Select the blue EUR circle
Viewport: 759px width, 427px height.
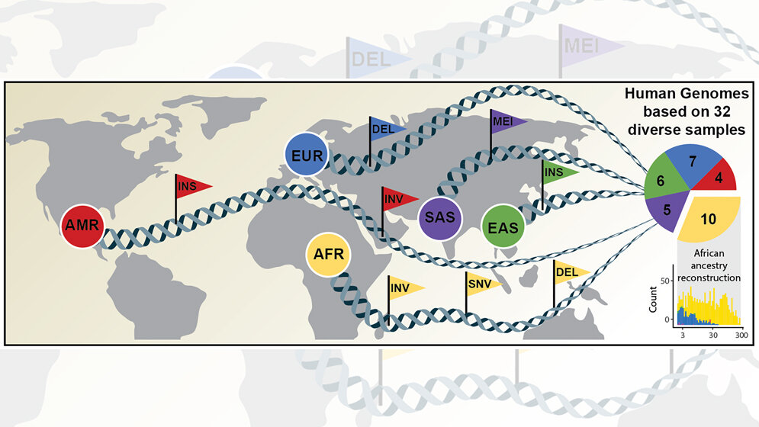click(307, 155)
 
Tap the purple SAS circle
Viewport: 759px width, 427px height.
click(440, 218)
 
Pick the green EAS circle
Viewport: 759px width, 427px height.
click(503, 226)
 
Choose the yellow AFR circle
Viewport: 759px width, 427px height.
click(328, 255)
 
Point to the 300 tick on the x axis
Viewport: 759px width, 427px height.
click(741, 335)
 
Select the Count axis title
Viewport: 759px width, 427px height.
click(653, 300)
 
